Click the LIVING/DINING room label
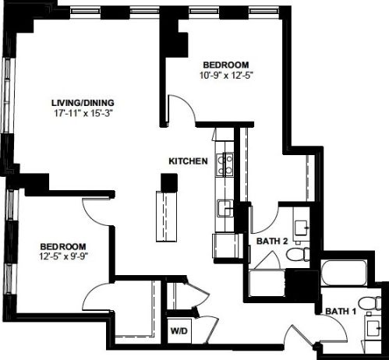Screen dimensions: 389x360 coord(83,103)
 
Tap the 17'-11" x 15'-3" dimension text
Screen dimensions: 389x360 coord(83,114)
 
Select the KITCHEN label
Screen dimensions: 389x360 coord(188,161)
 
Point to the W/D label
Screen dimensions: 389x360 coord(179,331)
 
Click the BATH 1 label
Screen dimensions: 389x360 coord(341,311)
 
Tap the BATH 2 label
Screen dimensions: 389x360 coord(272,241)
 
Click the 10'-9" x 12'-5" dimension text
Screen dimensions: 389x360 coord(226,76)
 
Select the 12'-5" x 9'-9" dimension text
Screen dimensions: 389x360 coord(64,256)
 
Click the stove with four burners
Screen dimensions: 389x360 coord(225,164)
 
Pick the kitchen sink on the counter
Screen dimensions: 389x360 coord(225,208)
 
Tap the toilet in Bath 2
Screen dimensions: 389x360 coord(298,254)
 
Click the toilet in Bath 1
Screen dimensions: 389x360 coord(370,303)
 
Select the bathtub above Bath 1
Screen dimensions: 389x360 coord(345,273)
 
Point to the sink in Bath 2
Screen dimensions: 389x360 coord(302,228)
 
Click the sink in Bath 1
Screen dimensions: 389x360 coord(373,328)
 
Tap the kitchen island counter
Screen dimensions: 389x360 coord(167,217)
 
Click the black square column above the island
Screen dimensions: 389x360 coord(169,183)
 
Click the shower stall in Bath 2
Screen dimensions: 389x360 coord(267,283)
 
